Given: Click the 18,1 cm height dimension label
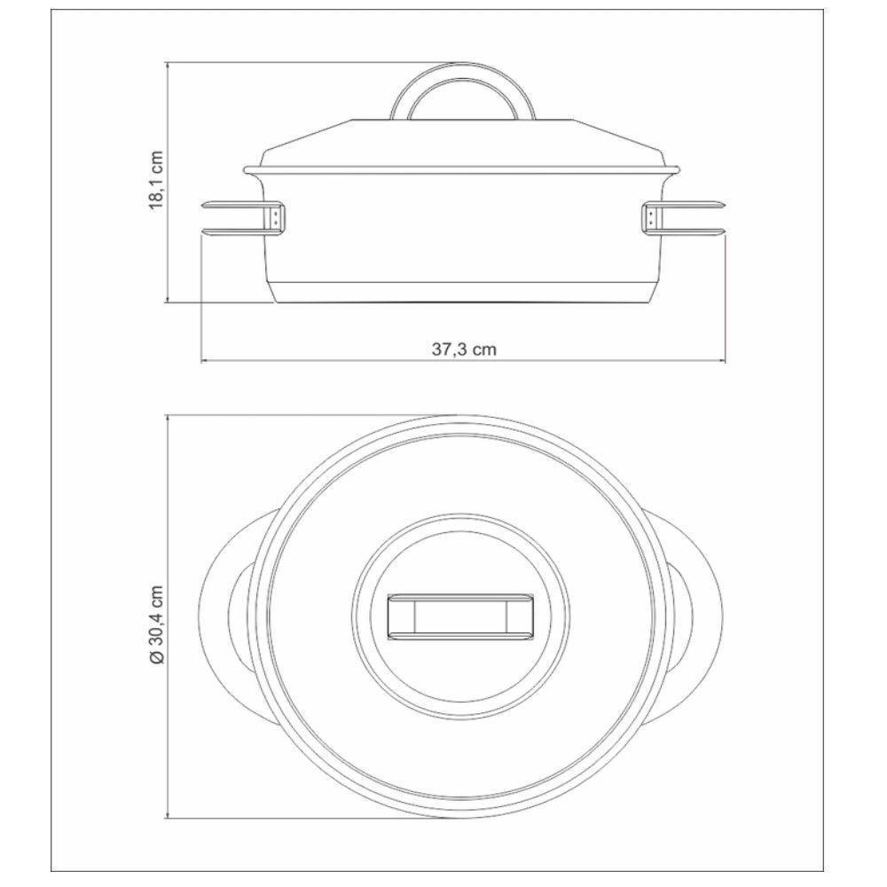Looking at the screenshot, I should [156, 180].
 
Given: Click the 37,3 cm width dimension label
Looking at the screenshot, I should [464, 349].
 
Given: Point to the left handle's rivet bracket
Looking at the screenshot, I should [278, 218].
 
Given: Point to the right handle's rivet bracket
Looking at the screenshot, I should [651, 218].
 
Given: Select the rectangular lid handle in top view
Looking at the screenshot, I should [463, 615].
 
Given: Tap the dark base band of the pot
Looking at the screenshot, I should [464, 292].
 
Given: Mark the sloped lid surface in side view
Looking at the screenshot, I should [355, 142].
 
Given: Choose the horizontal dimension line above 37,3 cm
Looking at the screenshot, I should [355, 362].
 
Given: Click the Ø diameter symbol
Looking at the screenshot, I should [156, 658].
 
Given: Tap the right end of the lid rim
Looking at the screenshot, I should [679, 169].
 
